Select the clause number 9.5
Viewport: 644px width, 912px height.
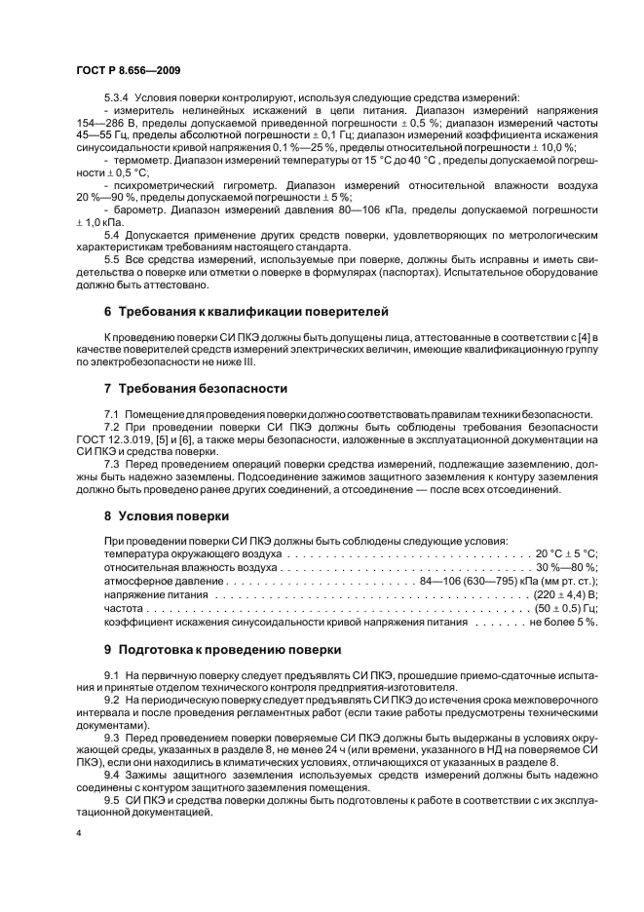pos(111,799)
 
